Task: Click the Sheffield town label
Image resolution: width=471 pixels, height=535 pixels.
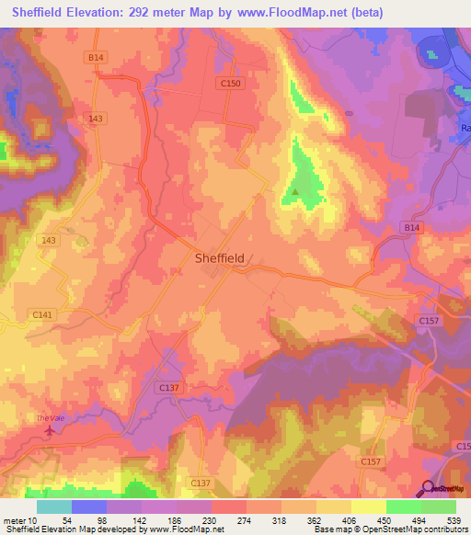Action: tap(220, 258)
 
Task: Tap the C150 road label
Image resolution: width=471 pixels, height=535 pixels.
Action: tap(232, 84)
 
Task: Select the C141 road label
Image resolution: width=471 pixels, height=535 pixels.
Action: tap(43, 314)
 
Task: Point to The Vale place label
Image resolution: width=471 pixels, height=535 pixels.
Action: tap(48, 418)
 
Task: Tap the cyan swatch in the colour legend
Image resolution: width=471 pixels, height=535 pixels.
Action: tap(54, 507)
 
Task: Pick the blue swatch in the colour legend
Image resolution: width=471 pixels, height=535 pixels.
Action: tap(89, 507)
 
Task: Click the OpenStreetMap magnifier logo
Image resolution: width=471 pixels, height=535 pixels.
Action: tap(430, 487)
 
